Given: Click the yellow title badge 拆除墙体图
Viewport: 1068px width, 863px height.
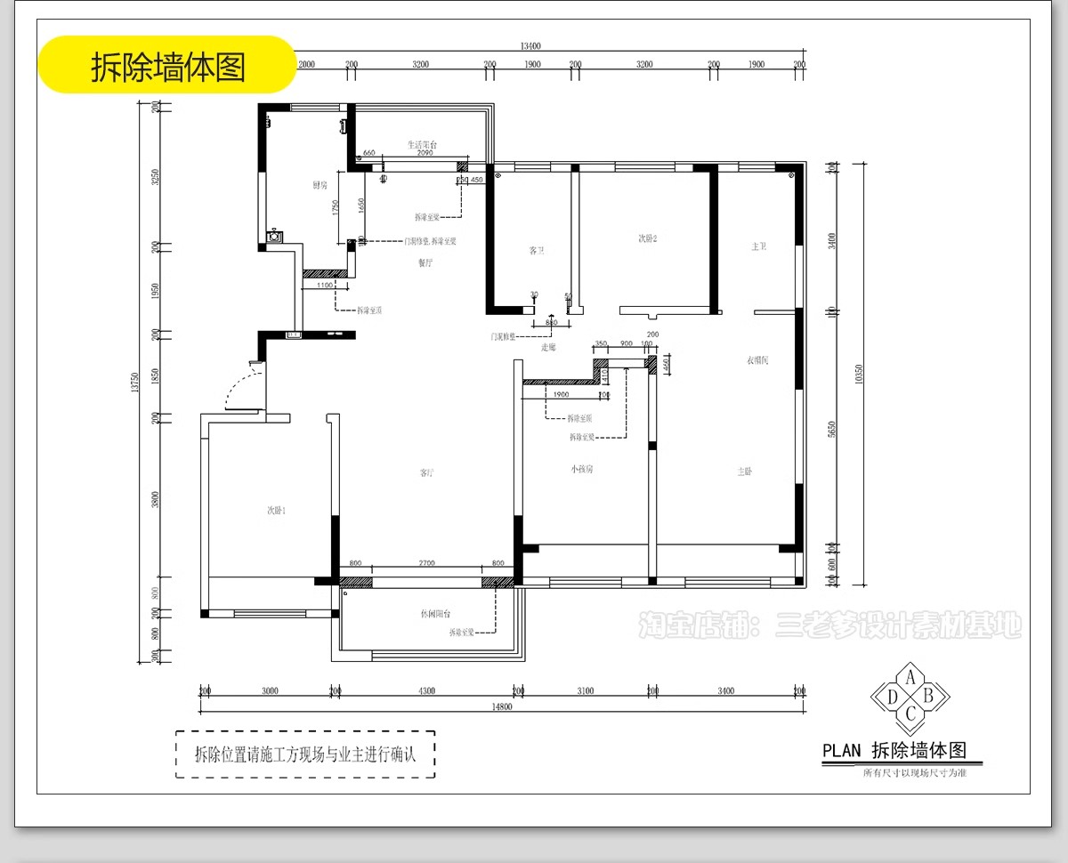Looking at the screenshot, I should (x=167, y=65).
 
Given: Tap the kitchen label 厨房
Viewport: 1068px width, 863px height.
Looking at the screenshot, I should (x=320, y=185).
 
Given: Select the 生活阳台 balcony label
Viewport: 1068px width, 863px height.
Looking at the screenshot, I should (x=422, y=144).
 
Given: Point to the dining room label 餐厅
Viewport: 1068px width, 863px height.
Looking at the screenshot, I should (x=425, y=262).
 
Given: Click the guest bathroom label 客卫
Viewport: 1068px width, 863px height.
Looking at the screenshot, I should (x=536, y=251).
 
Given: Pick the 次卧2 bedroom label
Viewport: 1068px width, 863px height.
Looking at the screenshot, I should (x=647, y=238).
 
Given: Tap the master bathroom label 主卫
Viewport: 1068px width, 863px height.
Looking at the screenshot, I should (x=758, y=246).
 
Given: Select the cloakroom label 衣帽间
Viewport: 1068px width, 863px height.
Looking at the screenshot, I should (x=756, y=360).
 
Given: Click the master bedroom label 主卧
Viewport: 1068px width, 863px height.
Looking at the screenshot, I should (x=745, y=472).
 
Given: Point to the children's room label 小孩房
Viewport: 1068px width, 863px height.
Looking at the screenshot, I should (x=582, y=469).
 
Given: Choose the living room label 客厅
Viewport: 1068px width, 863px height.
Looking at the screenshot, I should (x=426, y=472).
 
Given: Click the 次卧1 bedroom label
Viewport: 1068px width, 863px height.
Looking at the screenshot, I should (x=276, y=510).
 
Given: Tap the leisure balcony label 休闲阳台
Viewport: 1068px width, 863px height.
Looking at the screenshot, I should (x=435, y=614).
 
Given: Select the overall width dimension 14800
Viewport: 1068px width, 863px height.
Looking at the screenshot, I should (x=503, y=707).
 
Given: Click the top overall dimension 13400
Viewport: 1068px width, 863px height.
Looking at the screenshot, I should (x=530, y=46).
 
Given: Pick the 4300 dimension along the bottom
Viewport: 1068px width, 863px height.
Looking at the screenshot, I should (x=427, y=690).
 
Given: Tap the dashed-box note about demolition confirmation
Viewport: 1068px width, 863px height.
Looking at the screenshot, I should (x=305, y=754).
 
